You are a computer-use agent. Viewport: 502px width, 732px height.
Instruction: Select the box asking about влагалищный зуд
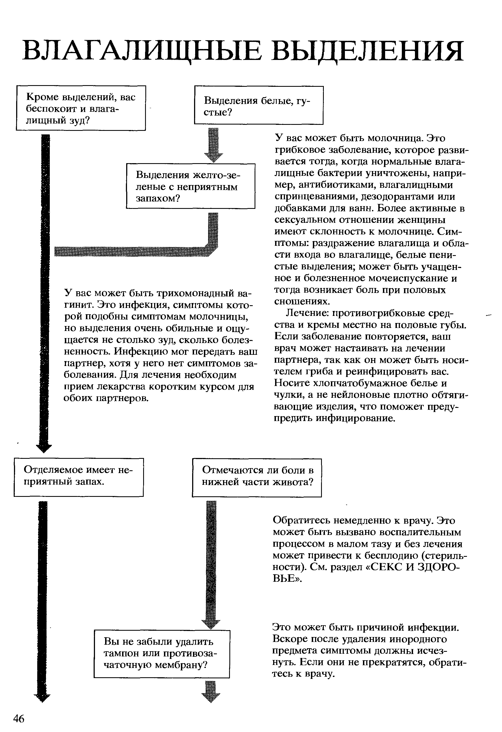[81, 108]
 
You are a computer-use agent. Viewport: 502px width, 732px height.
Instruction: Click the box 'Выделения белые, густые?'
[259, 105]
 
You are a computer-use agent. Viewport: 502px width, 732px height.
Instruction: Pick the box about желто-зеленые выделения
[191, 186]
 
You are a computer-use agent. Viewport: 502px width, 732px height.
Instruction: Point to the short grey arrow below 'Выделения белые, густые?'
[214, 145]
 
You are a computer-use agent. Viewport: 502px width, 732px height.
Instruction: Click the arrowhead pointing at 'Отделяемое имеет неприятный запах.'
[44, 448]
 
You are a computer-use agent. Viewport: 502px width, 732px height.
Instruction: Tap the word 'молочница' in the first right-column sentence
[395, 138]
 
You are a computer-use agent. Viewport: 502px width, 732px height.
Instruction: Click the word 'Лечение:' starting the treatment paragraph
[307, 313]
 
